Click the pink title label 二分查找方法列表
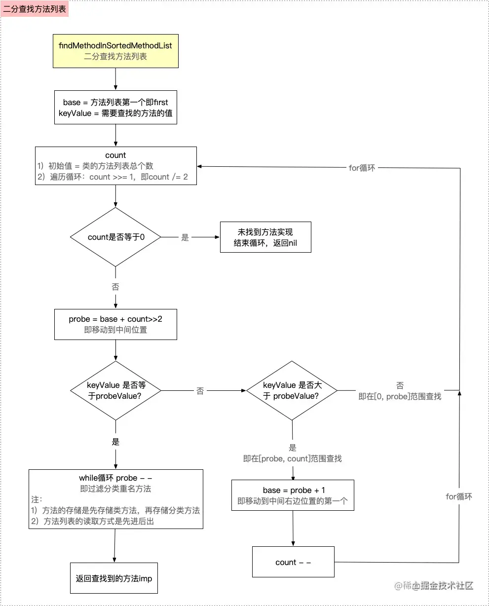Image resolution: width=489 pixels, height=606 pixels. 35,9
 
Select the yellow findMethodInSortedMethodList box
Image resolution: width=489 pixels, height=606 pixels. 115,51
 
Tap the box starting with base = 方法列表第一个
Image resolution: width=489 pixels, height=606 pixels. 115,108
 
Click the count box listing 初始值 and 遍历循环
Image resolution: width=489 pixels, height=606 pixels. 115,166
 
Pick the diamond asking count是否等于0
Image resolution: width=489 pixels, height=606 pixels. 115,237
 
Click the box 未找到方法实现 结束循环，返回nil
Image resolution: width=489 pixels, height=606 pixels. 265,237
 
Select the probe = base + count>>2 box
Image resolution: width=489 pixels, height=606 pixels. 115,324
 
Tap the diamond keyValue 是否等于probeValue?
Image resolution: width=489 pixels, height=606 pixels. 115,391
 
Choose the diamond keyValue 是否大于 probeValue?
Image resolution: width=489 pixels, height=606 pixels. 292,391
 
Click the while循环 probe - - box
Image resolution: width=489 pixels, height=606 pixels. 115,499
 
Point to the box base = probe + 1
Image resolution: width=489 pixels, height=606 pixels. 293,495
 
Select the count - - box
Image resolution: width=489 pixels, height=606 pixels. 293,562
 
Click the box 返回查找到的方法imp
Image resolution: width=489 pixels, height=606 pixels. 114,578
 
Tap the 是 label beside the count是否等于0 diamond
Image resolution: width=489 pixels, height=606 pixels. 185,238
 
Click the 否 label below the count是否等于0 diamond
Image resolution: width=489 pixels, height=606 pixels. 115,287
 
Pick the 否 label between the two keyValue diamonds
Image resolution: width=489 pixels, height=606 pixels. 200,391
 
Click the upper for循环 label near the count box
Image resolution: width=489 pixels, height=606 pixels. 362,168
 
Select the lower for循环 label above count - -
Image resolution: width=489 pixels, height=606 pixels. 459,496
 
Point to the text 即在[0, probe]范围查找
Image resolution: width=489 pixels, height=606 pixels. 400,396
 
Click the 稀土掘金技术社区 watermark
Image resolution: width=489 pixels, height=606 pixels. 434,586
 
